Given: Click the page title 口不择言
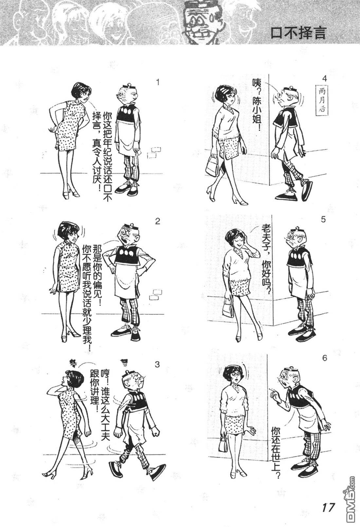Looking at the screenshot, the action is [x=298, y=33].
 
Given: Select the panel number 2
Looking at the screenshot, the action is [x=157, y=221].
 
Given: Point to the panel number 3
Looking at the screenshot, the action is [x=157, y=364].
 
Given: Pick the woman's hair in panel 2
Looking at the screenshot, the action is [x=67, y=230].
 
